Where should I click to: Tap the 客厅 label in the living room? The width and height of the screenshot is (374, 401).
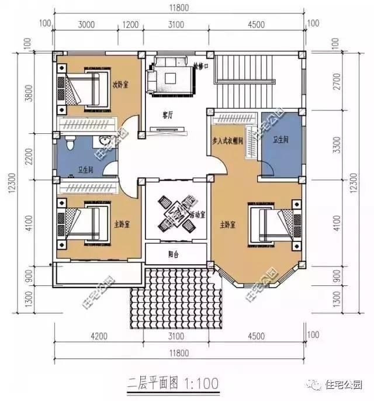click(x=167, y=115)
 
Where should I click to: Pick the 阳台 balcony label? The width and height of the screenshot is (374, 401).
click(x=174, y=254)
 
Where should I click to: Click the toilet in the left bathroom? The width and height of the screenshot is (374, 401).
click(x=69, y=144)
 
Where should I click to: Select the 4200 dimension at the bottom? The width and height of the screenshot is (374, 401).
click(x=99, y=336)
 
